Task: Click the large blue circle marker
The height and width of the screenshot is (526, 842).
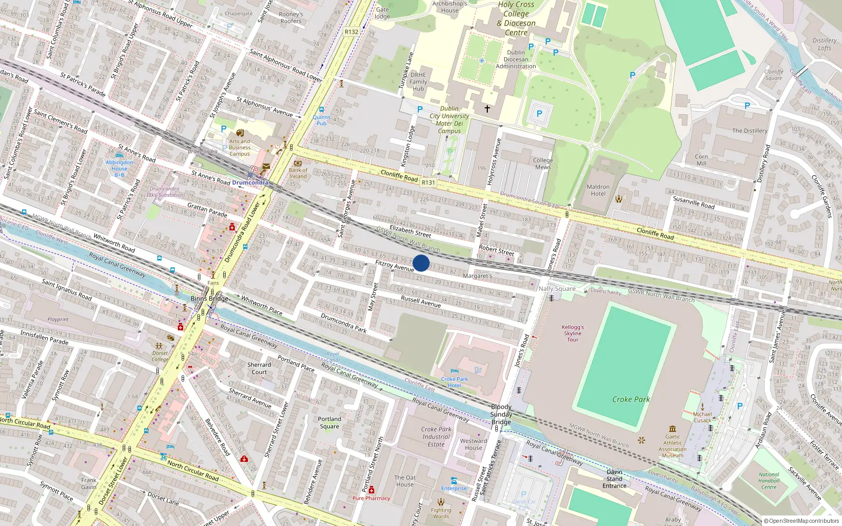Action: click(x=421, y=263)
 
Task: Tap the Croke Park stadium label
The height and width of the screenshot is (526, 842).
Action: click(x=630, y=399)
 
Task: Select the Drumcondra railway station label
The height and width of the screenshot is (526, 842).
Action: click(x=250, y=183)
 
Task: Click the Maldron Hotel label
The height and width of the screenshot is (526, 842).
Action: click(x=598, y=190)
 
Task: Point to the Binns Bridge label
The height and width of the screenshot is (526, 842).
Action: click(x=209, y=298)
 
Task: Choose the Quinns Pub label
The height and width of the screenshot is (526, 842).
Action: click(x=321, y=120)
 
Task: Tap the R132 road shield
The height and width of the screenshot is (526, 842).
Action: click(x=352, y=32)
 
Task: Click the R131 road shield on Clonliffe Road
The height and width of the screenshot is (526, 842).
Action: click(x=428, y=183)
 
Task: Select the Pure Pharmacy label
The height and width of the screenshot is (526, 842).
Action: click(x=371, y=498)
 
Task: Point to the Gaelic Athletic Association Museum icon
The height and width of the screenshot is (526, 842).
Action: click(x=673, y=429)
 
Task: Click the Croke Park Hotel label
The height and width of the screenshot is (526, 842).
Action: click(x=455, y=382)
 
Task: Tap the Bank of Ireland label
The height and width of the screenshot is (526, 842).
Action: click(x=298, y=173)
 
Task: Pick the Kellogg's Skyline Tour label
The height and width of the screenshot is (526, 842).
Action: click(x=573, y=333)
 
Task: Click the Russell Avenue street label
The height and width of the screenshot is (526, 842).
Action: click(x=421, y=301)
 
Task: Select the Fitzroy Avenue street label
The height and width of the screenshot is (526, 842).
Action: click(x=395, y=266)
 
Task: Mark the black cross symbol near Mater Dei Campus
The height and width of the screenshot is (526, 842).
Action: click(x=487, y=109)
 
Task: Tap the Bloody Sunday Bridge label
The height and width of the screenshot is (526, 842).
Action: click(x=501, y=414)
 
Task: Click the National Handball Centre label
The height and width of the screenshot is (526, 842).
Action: click(x=769, y=481)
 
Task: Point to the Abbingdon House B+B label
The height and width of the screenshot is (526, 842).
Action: click(x=119, y=168)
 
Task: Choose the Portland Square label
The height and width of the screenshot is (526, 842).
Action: click(x=329, y=423)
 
